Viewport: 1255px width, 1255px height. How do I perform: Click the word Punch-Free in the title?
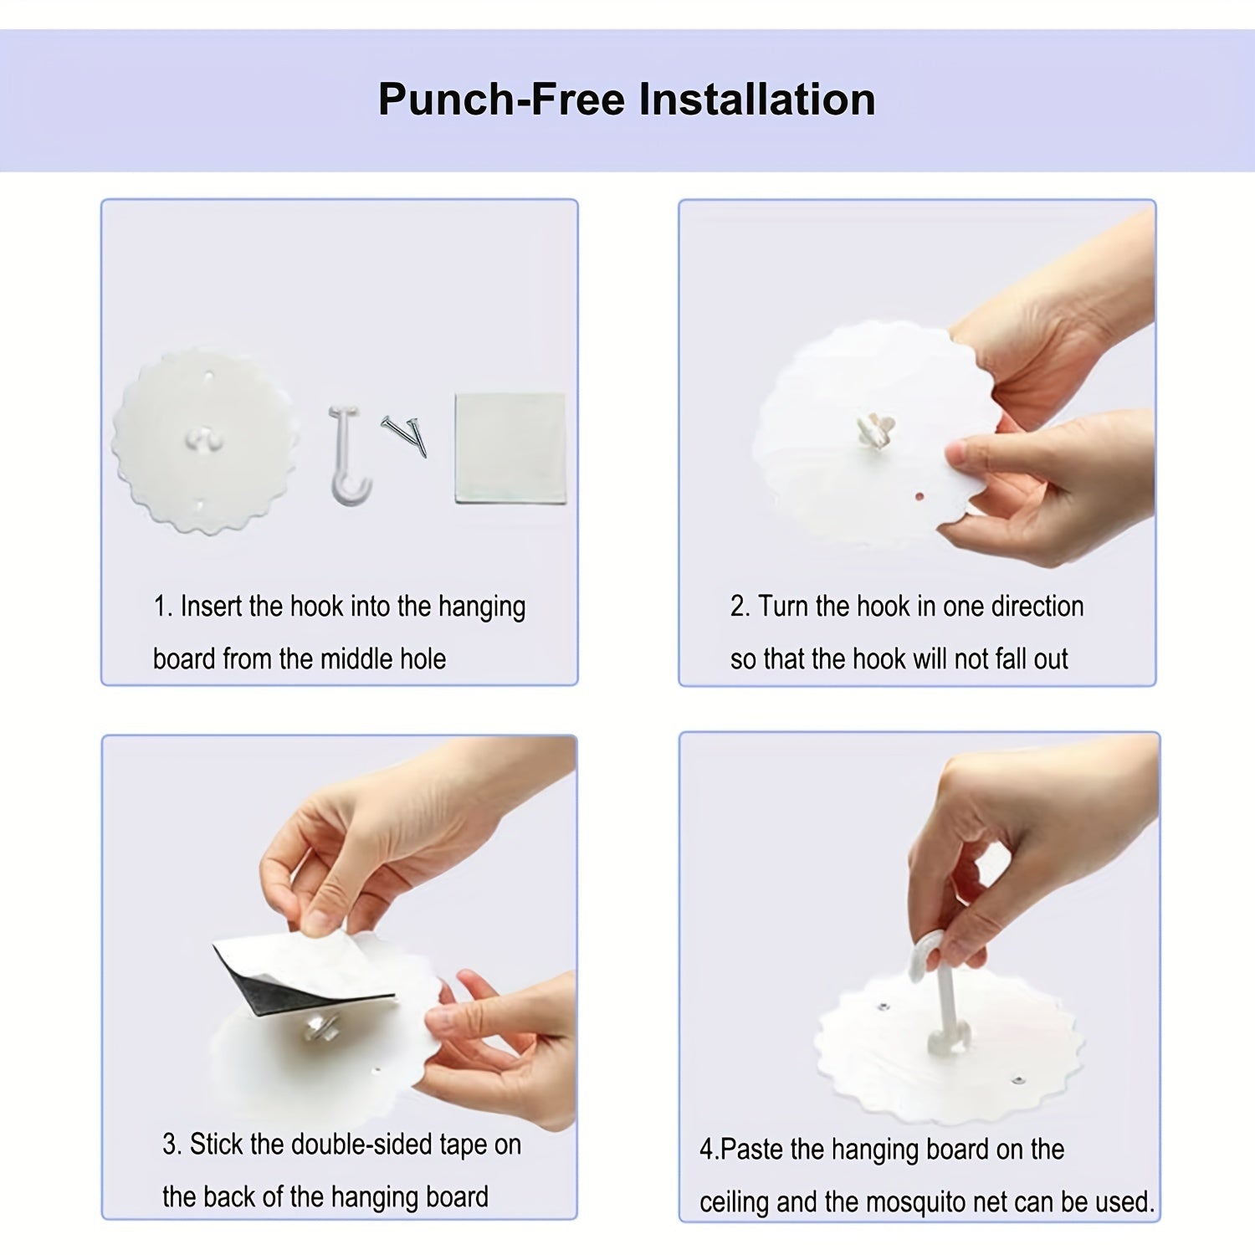[502, 100]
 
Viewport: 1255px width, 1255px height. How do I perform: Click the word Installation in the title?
[757, 100]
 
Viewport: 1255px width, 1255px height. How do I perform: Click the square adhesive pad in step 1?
[510, 448]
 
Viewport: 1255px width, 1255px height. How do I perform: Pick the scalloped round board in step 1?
[205, 442]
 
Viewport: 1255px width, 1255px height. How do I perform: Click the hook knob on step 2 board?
[874, 430]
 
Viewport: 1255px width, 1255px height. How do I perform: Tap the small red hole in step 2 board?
[919, 496]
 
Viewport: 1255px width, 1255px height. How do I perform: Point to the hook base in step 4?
[950, 1040]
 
